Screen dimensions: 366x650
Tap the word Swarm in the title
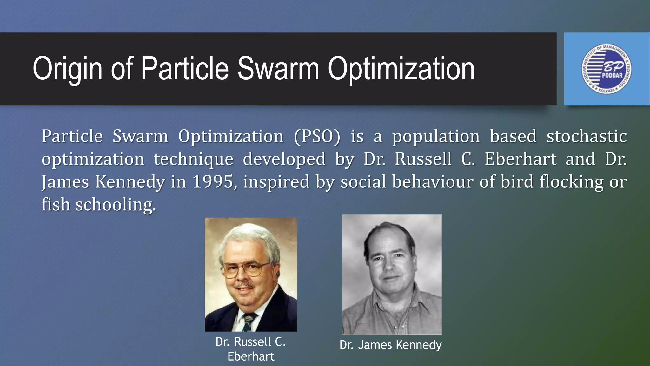click(x=278, y=69)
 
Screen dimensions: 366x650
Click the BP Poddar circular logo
click(x=607, y=69)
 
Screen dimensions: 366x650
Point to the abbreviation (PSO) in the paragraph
click(x=317, y=136)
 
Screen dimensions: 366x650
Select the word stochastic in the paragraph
click(x=587, y=136)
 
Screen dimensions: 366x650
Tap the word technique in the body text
click(x=194, y=159)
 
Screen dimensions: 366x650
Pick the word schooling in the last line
click(x=116, y=205)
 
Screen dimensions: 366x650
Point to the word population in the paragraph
click(x=436, y=137)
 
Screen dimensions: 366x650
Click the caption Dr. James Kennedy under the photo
click(x=390, y=345)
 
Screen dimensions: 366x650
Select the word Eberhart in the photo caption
click(x=251, y=356)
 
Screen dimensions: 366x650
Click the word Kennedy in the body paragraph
click(x=130, y=182)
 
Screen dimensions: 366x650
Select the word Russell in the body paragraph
click(x=423, y=159)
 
